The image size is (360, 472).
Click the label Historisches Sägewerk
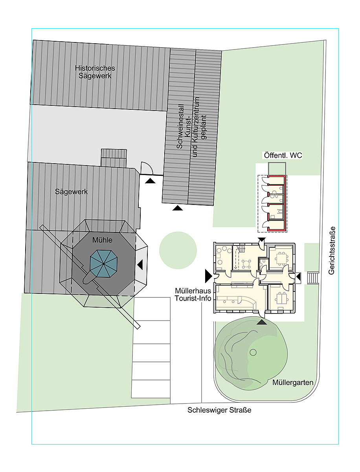95,72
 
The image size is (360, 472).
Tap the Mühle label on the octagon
102,240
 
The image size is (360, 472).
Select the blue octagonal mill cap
104,264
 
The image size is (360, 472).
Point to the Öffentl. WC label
283,155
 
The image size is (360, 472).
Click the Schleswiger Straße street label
219,410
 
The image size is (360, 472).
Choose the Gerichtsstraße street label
331,251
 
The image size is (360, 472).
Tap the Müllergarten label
293,383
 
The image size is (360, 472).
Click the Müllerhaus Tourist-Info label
193,294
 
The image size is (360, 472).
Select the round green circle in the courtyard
178,250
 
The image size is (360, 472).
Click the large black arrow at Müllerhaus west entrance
208,276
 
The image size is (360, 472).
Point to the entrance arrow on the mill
140,265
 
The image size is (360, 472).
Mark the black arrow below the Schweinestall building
178,208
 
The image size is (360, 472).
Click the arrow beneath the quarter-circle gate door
150,181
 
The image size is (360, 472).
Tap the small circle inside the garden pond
253,352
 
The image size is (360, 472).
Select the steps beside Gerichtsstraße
313,278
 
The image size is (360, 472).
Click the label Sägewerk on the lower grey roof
71,192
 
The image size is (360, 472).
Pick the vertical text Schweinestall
180,127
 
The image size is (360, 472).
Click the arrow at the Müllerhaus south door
262,322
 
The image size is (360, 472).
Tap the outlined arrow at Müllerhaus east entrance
299,277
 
